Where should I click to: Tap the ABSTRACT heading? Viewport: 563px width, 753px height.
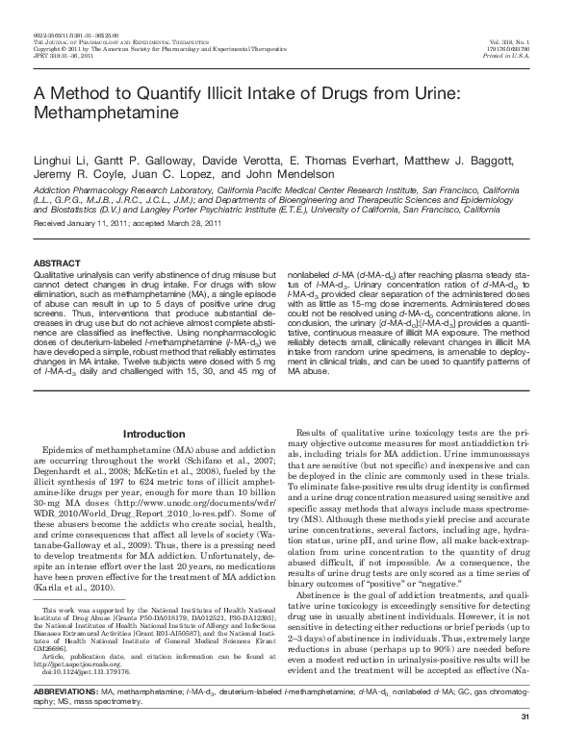57,263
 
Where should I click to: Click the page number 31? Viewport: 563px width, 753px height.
524,743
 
